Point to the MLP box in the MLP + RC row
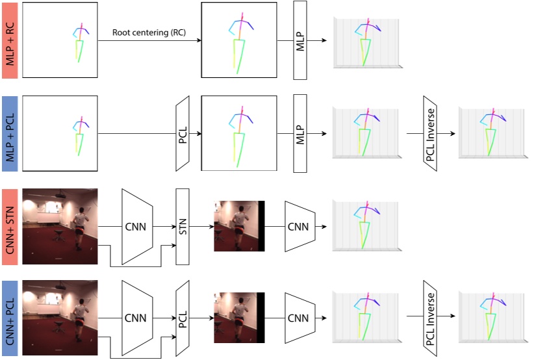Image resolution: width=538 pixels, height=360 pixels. click(300, 40)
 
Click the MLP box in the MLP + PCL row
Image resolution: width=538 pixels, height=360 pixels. click(300, 134)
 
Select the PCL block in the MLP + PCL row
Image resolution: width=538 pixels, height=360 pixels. click(183, 134)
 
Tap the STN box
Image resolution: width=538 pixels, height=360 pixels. click(183, 227)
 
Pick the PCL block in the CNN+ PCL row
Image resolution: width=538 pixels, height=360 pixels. click(183, 318)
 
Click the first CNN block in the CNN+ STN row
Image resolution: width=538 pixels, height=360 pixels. click(137, 227)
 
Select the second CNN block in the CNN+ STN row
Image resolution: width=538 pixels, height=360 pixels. click(299, 227)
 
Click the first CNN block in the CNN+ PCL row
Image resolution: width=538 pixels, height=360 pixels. click(137, 318)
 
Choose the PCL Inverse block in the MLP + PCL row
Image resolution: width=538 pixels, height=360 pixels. click(430, 134)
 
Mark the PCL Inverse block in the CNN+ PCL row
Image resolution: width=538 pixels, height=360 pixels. click(430, 318)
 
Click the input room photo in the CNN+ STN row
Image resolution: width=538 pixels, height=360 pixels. click(60, 227)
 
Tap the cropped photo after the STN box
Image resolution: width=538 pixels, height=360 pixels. click(239, 227)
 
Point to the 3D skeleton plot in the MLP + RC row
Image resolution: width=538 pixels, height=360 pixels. click(366, 42)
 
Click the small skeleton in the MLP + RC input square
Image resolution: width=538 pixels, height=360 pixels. click(81, 42)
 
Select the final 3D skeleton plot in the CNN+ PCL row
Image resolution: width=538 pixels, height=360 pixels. click(491, 318)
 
